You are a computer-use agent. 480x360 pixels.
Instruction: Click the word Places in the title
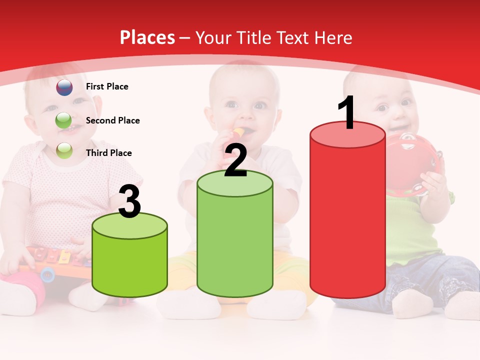pos(147,37)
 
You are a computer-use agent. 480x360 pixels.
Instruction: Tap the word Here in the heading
pos(333,37)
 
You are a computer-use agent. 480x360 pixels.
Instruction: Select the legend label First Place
pos(107,86)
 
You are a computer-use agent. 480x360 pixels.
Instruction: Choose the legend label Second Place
pos(112,120)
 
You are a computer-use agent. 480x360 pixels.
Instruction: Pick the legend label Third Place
pos(108,153)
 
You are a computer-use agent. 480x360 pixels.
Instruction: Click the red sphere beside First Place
pos(64,87)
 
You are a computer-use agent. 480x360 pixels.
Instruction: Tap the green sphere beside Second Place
pos(63,120)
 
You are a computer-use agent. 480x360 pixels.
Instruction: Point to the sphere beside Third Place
pos(64,150)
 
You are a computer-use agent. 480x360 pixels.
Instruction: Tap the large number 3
pos(129,201)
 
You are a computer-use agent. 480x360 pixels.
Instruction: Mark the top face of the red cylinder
pos(347,134)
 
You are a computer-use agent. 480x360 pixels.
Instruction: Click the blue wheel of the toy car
pos(47,273)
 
